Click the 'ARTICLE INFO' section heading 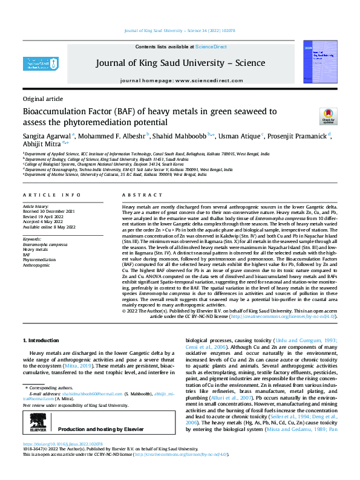[x=52, y=195]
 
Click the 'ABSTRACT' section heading [x=142, y=195]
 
